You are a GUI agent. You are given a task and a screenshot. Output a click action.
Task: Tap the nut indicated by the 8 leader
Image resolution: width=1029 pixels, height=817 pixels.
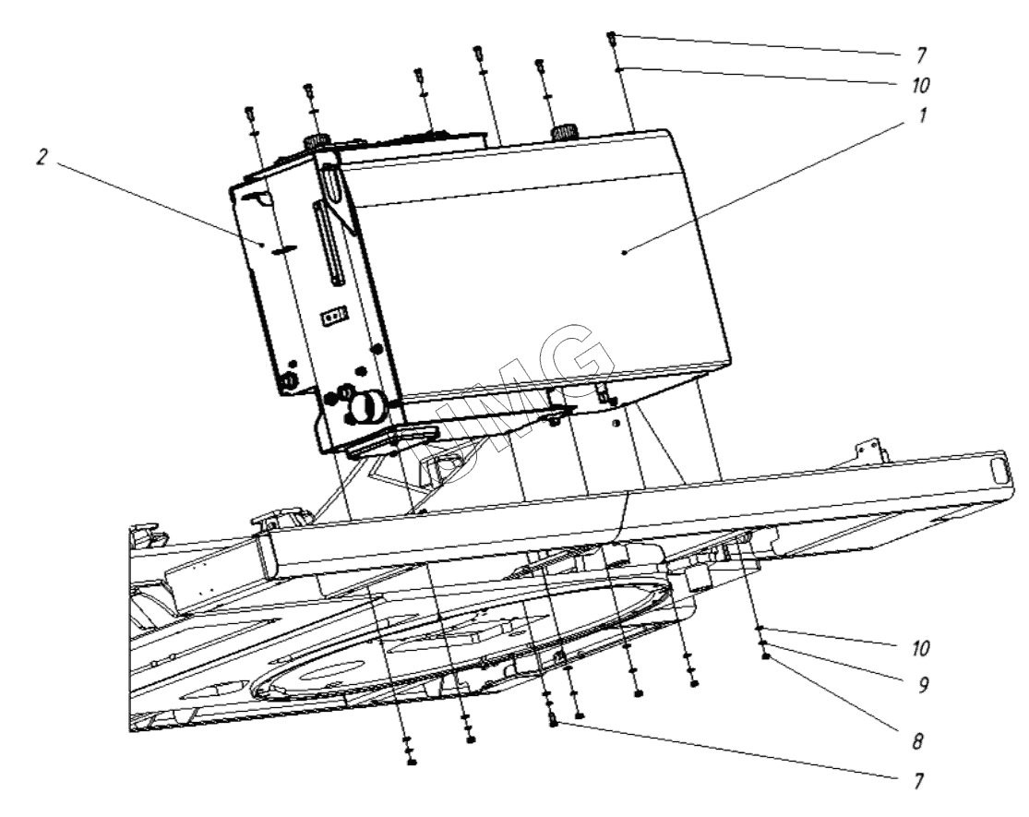pos(766,656)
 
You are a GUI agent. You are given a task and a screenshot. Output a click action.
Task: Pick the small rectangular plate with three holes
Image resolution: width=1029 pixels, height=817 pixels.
pos(332,317)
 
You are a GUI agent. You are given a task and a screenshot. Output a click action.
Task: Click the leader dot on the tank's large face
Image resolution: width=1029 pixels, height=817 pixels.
pos(625,251)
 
